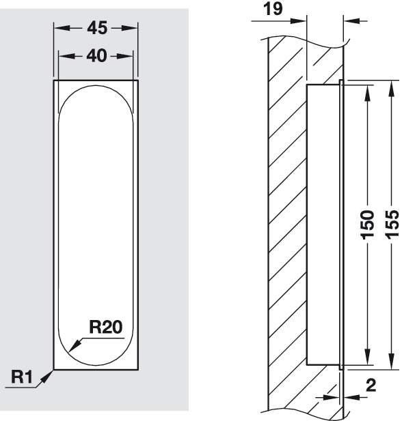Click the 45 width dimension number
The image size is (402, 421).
coord(97,28)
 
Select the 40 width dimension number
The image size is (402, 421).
coord(96,56)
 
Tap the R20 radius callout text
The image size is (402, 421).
coord(105,327)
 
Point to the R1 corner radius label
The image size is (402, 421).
coord(21,377)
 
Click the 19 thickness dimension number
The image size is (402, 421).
coord(273,9)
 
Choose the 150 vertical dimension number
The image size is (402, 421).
coord(367,224)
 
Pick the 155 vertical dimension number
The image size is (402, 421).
coord(392,224)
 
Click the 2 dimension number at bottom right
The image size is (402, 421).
coord(371,386)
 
